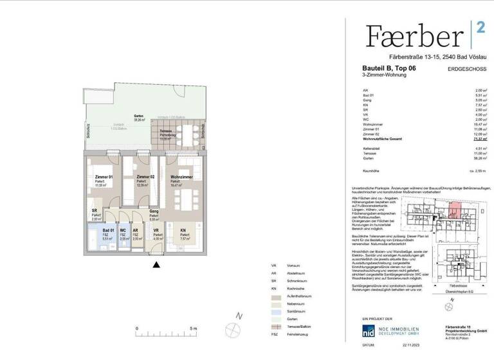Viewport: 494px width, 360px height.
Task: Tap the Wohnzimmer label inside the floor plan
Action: click(x=181, y=177)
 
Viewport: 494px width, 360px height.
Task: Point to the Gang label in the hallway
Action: click(x=154, y=211)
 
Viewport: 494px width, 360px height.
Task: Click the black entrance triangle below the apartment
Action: click(x=155, y=264)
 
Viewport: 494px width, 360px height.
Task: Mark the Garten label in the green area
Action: click(x=138, y=116)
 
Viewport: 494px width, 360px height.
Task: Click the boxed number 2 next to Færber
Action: click(x=480, y=27)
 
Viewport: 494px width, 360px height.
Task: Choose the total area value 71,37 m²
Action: click(x=480, y=138)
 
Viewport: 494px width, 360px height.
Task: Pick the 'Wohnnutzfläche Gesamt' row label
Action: click(x=386, y=138)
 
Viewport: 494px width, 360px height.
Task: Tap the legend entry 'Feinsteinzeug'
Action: click(x=284, y=336)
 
